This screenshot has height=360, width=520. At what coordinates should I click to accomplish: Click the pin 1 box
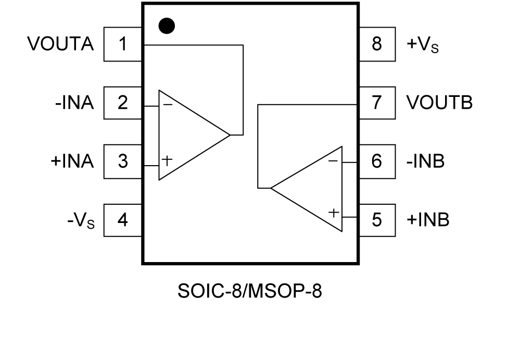click(x=123, y=44)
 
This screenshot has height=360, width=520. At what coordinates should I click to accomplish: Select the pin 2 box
click(x=123, y=103)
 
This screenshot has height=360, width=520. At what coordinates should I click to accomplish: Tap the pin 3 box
click(x=123, y=162)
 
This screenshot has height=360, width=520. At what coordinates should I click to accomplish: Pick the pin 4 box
click(x=123, y=220)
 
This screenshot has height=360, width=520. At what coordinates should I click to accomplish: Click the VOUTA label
click(x=61, y=44)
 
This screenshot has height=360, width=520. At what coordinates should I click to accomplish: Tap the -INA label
click(x=74, y=103)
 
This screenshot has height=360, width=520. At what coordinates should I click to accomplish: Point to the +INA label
click(x=72, y=162)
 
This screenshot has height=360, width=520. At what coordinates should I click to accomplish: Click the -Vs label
click(x=81, y=221)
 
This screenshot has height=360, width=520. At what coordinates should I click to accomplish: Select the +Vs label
click(x=422, y=45)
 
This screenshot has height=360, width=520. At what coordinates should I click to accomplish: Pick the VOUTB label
click(x=439, y=103)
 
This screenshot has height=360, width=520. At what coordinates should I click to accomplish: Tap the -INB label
click(x=425, y=162)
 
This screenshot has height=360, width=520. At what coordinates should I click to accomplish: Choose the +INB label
click(x=427, y=220)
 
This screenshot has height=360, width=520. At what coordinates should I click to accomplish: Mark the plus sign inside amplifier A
click(x=167, y=160)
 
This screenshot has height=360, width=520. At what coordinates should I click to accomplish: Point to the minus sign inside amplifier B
click(x=333, y=161)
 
